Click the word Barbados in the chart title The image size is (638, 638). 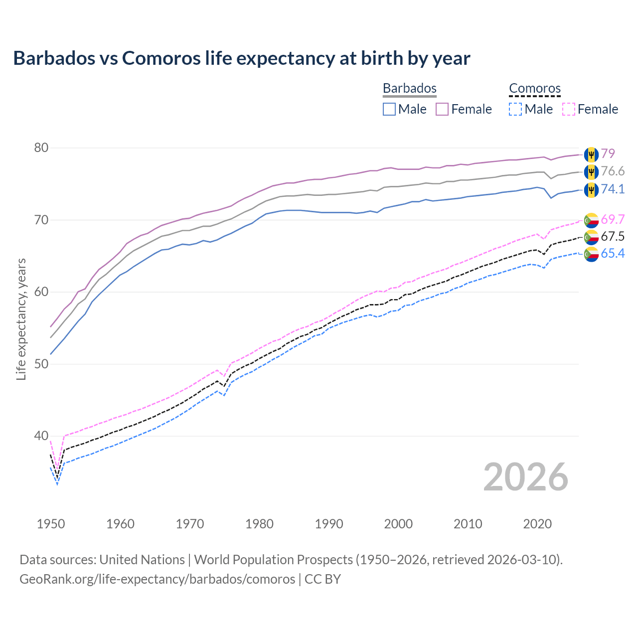[x=54, y=58]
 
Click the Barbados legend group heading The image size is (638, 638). [x=409, y=88]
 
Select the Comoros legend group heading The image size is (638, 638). [x=535, y=88]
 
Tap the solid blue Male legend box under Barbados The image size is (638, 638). [x=389, y=109]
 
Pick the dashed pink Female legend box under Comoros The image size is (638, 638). [x=569, y=109]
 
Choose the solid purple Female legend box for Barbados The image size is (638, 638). [x=442, y=109]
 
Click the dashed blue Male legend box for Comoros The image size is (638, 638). [x=515, y=109]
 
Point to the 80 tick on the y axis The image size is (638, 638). [x=41, y=148]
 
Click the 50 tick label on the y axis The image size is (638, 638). [x=41, y=364]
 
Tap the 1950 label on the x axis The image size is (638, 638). [x=51, y=524]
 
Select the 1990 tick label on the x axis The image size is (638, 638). [x=329, y=524]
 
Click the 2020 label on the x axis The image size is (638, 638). [x=537, y=524]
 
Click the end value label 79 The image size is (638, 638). [x=608, y=154]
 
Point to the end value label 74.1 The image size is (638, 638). [x=613, y=189]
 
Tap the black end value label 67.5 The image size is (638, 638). [x=613, y=237]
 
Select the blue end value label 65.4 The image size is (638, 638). [x=613, y=254]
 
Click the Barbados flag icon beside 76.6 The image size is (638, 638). [x=591, y=172]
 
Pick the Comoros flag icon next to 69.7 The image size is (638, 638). [x=591, y=220]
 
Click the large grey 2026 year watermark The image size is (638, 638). [x=526, y=477]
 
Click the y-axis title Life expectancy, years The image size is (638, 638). [x=21, y=319]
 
